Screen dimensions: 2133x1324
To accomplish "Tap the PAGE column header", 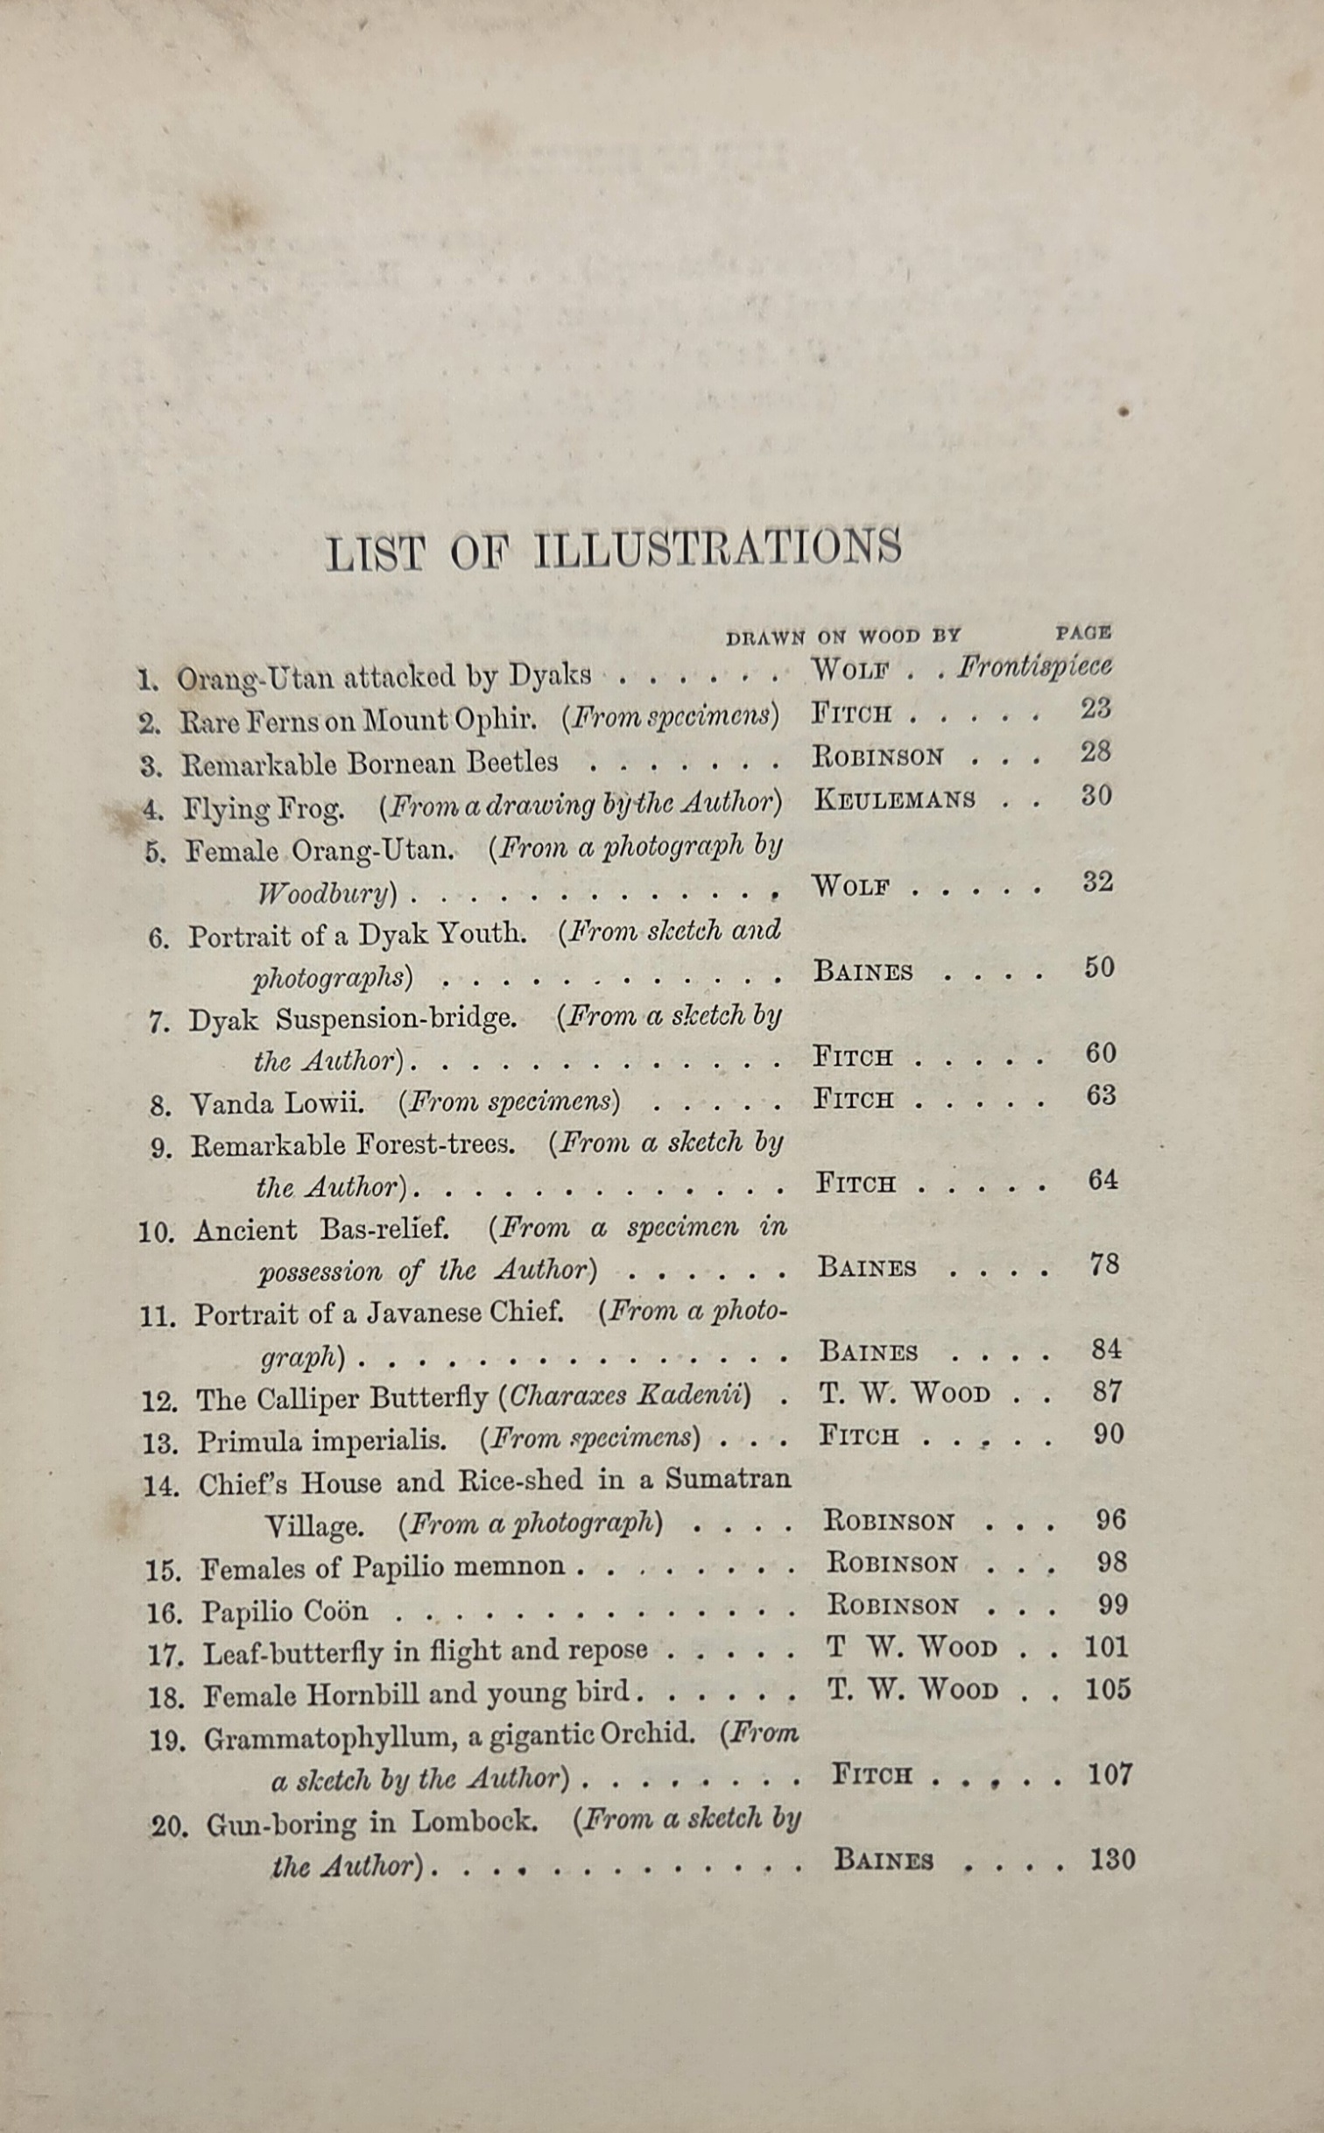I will (1083, 632).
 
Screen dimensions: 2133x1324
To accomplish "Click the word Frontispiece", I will (1034, 667).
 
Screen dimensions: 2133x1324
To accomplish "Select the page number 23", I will (1095, 708).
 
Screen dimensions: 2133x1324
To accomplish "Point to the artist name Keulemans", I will (894, 799).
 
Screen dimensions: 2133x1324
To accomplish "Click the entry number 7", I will (158, 1022).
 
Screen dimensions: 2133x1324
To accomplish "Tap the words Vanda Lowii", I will (277, 1103).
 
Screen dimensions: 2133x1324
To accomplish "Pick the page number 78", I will (1104, 1264).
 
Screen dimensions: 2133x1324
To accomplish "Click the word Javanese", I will (424, 1313).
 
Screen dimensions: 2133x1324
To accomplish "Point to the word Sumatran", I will (728, 1480).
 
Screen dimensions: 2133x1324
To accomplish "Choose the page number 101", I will (1106, 1647).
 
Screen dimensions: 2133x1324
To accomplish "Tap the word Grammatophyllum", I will (329, 1738).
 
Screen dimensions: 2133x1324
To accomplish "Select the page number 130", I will (1112, 1860).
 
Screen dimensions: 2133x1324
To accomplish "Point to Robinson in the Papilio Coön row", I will (893, 1605).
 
